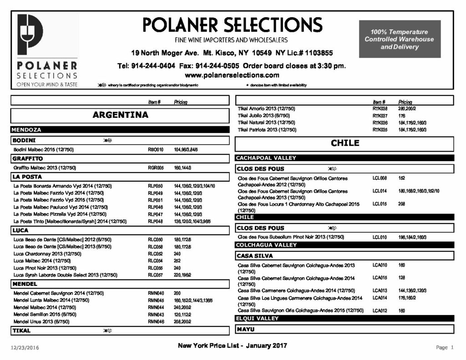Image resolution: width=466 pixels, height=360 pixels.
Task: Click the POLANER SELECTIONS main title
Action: point(232,25)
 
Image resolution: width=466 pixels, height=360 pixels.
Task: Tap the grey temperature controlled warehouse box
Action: point(399,39)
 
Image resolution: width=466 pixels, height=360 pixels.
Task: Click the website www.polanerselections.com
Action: point(232,75)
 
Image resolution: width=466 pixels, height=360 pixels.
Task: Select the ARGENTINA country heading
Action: point(120,115)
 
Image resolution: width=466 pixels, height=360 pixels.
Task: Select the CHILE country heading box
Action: point(344,143)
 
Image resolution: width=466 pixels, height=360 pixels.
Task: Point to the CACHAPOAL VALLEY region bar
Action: point(266,158)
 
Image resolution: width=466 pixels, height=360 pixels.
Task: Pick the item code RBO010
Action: point(156,150)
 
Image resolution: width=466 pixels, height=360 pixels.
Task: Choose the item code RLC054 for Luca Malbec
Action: point(156,261)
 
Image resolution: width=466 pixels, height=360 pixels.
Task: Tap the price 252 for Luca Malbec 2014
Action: point(177,261)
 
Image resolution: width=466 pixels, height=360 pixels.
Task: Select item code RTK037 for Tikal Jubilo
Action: point(380,116)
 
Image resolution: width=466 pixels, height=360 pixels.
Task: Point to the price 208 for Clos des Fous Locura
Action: point(402,204)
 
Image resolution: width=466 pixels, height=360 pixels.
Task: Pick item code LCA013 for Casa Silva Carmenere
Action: point(380,290)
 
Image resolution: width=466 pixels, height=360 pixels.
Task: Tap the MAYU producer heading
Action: point(246,329)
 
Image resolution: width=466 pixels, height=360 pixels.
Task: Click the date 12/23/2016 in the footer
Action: point(25,348)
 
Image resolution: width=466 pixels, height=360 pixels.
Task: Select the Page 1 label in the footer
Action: point(445,348)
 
